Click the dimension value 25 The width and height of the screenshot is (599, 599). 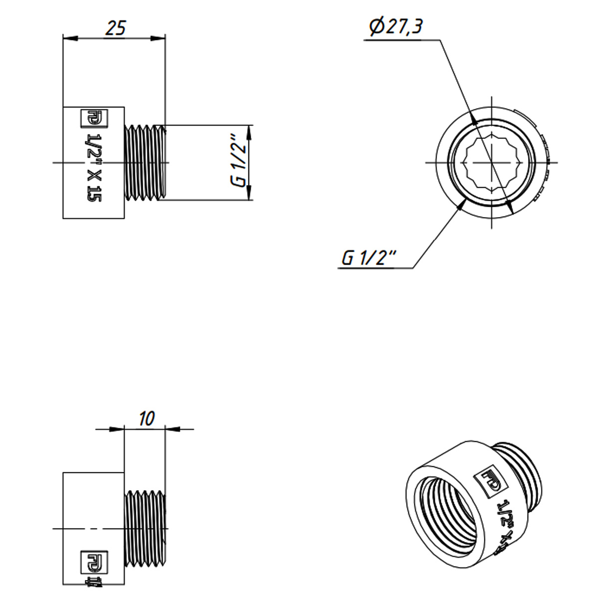click(x=115, y=28)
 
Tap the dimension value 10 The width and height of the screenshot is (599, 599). click(x=147, y=418)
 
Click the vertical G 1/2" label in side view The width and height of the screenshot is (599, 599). click(x=240, y=162)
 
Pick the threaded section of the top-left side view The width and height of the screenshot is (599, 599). click(x=145, y=162)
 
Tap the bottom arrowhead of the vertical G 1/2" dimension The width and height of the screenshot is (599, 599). click(x=250, y=194)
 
